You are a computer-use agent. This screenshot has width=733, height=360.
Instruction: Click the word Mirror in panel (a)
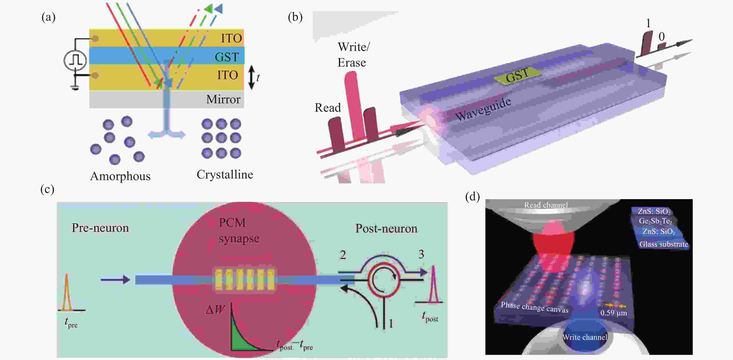click(223, 99)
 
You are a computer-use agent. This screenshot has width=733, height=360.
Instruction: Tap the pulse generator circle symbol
click(75, 60)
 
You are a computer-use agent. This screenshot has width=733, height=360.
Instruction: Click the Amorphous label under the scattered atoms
click(120, 176)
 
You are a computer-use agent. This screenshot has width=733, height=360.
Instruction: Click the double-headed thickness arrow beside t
click(251, 77)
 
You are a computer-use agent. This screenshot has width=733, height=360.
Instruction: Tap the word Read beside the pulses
click(327, 108)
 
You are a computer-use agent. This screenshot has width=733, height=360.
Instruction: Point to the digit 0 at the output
click(662, 37)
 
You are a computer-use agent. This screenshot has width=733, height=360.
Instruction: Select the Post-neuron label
click(386, 229)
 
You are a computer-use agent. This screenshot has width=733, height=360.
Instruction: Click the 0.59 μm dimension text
click(613, 313)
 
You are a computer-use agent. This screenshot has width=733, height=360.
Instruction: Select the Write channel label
click(585, 337)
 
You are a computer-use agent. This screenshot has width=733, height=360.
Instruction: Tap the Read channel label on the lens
click(545, 205)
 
